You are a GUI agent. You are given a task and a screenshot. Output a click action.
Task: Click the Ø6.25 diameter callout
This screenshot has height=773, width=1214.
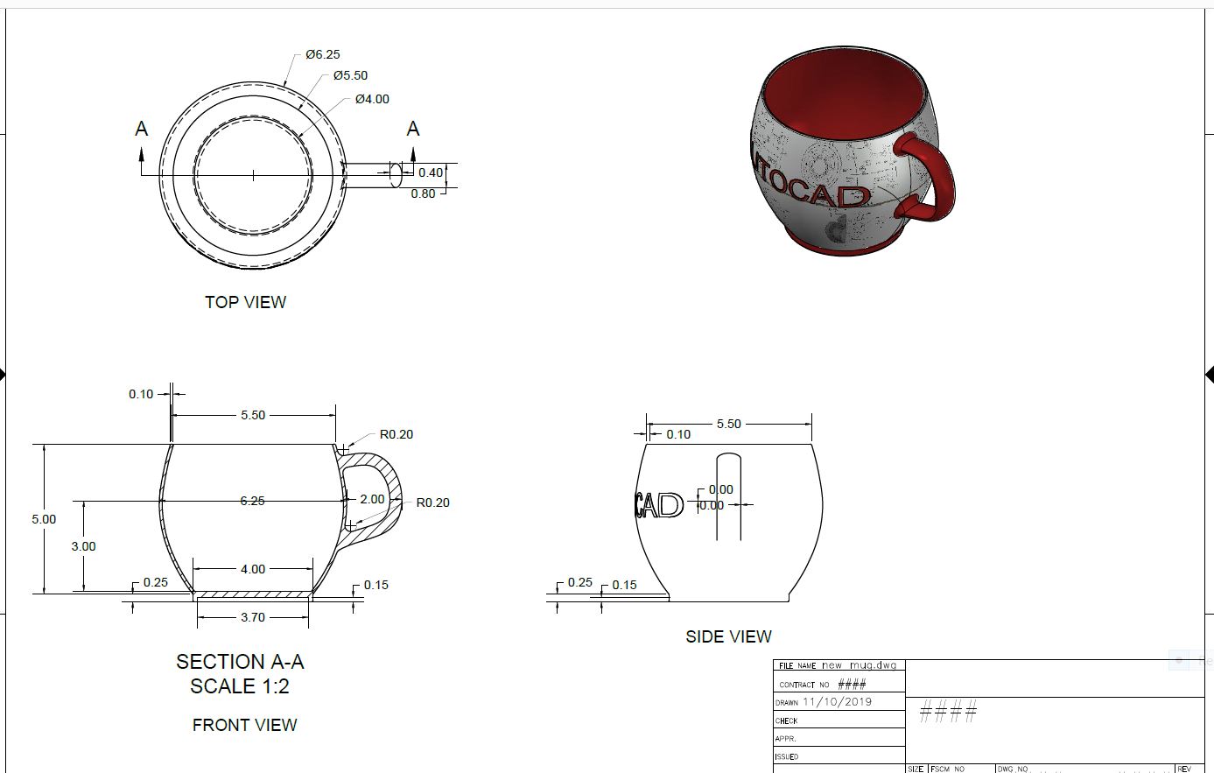pyautogui.click(x=322, y=54)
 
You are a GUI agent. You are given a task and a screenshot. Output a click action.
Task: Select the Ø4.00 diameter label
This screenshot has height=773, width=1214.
pyautogui.click(x=372, y=99)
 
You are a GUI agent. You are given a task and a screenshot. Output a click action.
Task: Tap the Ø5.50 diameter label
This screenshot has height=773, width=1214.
pyautogui.click(x=350, y=75)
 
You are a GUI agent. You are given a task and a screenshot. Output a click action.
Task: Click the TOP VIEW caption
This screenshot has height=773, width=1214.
pyautogui.click(x=245, y=302)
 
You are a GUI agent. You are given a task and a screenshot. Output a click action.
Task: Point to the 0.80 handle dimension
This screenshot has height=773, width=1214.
pyautogui.click(x=423, y=193)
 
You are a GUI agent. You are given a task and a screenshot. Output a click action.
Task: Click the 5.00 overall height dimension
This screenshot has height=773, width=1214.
pyautogui.click(x=44, y=519)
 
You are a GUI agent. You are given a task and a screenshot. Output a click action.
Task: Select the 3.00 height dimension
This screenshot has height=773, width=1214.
pyautogui.click(x=83, y=546)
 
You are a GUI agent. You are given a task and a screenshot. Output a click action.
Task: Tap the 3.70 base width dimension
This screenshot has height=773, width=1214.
pyautogui.click(x=252, y=617)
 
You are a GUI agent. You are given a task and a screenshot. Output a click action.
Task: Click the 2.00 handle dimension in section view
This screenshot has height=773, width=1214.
pyautogui.click(x=372, y=499)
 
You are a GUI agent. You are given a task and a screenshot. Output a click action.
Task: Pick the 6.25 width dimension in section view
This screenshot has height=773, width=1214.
pyautogui.click(x=252, y=501)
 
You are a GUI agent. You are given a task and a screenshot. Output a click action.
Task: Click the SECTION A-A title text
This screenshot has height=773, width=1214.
pyautogui.click(x=240, y=662)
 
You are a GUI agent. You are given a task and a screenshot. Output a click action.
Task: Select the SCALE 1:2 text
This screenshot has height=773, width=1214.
pyautogui.click(x=240, y=686)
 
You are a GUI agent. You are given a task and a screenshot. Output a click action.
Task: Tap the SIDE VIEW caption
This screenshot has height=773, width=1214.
pyautogui.click(x=728, y=636)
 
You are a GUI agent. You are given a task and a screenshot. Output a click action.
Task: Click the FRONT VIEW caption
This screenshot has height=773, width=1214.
pyautogui.click(x=244, y=725)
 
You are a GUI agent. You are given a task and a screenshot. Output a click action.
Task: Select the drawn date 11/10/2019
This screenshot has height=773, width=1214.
pyautogui.click(x=837, y=701)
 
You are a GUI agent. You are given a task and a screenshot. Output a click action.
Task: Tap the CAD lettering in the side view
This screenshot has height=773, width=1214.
pyautogui.click(x=659, y=505)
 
